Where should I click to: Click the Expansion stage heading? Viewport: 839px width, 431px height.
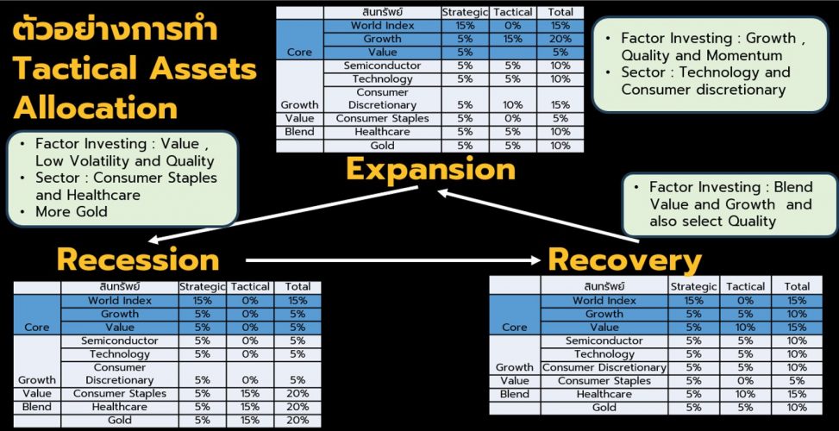click(430, 169)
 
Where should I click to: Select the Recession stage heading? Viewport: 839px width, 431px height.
click(138, 259)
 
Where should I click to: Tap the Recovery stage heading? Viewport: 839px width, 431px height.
click(624, 259)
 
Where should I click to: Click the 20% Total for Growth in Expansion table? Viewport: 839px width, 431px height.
click(560, 39)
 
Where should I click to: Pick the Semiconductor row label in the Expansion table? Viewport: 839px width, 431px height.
click(382, 66)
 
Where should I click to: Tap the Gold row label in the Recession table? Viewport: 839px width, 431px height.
click(119, 420)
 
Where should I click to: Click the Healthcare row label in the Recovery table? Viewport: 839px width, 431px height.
click(604, 394)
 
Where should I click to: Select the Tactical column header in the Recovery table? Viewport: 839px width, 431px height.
click(745, 286)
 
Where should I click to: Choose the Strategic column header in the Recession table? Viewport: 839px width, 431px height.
click(202, 286)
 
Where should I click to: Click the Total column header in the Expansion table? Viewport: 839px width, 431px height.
click(560, 13)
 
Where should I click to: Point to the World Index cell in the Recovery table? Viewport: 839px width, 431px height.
click(604, 301)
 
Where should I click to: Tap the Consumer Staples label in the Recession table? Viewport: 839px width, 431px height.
click(119, 393)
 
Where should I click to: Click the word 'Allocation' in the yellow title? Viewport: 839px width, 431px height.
click(96, 108)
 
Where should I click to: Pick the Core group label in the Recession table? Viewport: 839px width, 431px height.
click(37, 328)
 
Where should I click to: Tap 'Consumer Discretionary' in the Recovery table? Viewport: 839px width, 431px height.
click(604, 367)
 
